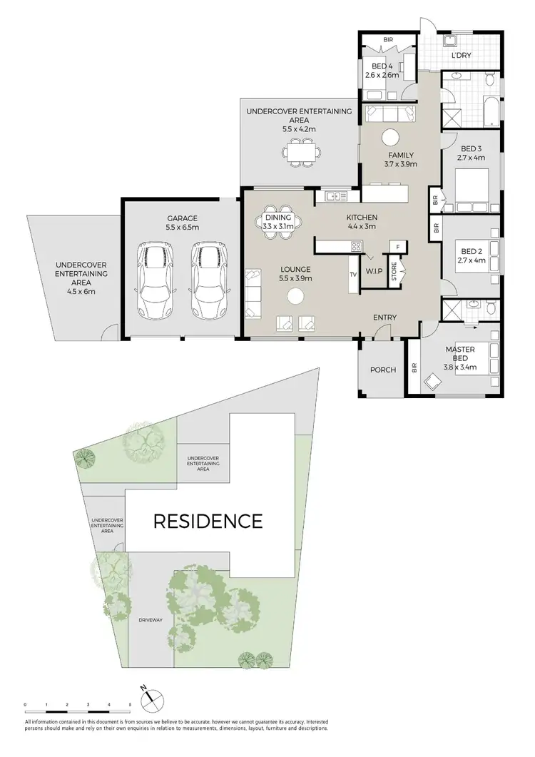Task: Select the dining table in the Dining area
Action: (x=279, y=221)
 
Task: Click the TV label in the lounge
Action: (x=353, y=274)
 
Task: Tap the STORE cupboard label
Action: (x=394, y=274)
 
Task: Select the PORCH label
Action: (x=382, y=370)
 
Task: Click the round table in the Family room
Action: (x=390, y=138)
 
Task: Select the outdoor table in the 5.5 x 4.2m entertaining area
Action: (x=299, y=152)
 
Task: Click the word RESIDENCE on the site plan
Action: (x=208, y=521)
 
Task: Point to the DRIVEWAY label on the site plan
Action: (x=151, y=620)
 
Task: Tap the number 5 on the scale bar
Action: (x=130, y=704)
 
